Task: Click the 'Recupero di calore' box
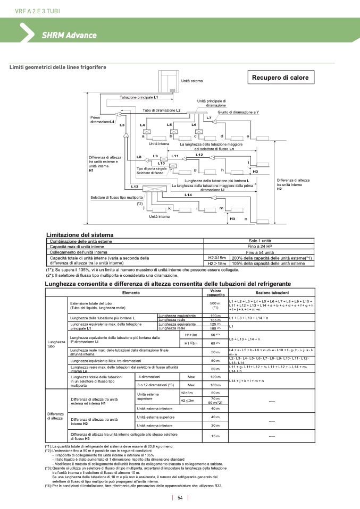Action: coord(280,78)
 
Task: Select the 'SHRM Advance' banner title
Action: coord(69,35)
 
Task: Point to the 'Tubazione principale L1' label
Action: coord(139,98)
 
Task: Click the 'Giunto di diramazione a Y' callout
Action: coord(238,112)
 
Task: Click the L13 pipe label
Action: coord(135,186)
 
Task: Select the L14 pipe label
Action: coord(188,195)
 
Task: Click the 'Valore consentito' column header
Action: coord(215,293)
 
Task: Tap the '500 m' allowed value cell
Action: coord(215,305)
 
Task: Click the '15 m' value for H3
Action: coord(215,436)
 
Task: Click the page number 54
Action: coord(180,497)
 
